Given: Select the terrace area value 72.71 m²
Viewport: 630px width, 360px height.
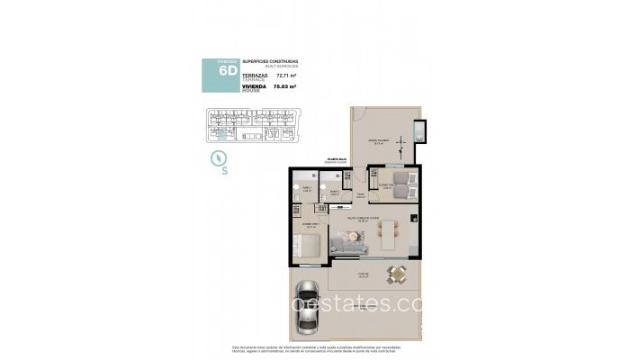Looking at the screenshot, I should [285, 76].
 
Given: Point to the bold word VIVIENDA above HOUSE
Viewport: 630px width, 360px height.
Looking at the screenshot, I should [255, 85].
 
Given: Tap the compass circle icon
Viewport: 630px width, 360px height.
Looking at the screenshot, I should [219, 157].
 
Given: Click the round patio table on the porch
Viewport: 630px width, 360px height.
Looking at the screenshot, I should [393, 275].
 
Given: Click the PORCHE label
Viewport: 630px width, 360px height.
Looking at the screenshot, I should [363, 276].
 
